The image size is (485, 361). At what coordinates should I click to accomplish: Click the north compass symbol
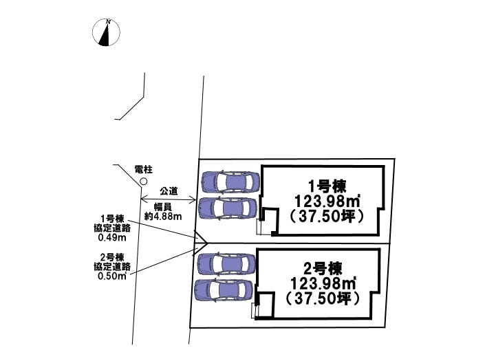(x=107, y=32)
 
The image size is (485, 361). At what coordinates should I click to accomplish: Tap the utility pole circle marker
(x=143, y=181)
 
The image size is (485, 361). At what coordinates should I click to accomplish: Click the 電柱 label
(x=143, y=168)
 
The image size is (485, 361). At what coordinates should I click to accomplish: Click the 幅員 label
(x=162, y=206)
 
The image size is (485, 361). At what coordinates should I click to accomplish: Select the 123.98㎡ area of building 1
(x=327, y=200)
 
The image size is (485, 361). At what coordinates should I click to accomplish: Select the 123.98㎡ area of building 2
(x=323, y=283)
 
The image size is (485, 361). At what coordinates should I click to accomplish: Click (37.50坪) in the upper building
(x=327, y=215)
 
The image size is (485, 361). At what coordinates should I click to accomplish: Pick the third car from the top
(x=226, y=263)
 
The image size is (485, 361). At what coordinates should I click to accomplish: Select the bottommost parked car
(x=224, y=290)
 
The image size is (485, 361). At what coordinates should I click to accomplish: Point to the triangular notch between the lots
(x=202, y=241)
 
